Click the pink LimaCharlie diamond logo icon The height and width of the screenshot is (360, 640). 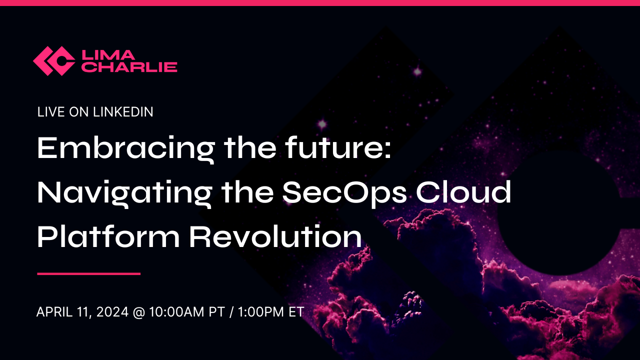pyautogui.click(x=54, y=61)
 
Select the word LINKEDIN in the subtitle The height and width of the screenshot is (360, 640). pyautogui.click(x=123, y=112)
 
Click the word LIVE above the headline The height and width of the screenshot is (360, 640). pyautogui.click(x=50, y=112)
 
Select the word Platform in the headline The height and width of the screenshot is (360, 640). pyautogui.click(x=108, y=236)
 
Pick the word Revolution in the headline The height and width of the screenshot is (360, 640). pyautogui.click(x=275, y=236)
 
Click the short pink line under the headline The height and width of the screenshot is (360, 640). pyautogui.click(x=88, y=273)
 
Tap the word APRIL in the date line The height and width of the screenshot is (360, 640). pyautogui.click(x=52, y=312)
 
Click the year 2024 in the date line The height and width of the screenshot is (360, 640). pyautogui.click(x=113, y=312)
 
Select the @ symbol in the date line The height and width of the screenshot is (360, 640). pyautogui.click(x=138, y=312)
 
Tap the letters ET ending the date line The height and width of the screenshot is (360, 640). pyautogui.click(x=295, y=312)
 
